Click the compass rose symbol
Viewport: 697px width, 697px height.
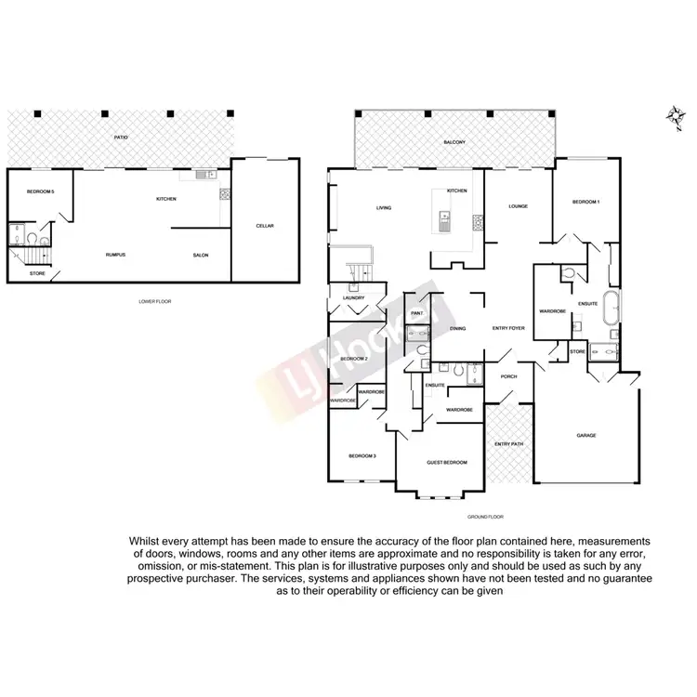(674, 114)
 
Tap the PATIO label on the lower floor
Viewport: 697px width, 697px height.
(121, 138)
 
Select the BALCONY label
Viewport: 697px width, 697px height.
(454, 141)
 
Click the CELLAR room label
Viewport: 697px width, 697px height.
(265, 226)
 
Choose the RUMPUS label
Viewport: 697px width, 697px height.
(115, 255)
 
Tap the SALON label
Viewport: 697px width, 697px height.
(200, 255)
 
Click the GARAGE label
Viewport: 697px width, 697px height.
(586, 435)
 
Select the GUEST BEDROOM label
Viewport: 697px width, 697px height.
(446, 462)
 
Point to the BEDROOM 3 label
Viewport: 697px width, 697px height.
(362, 455)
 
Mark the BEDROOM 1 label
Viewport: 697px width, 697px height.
(585, 202)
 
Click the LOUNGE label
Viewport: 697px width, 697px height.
(518, 205)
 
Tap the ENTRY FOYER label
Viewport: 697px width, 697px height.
(508, 328)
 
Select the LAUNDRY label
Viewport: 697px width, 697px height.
(353, 297)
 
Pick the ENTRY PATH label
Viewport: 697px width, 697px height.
(508, 444)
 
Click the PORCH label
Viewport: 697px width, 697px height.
(508, 376)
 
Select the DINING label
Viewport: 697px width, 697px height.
(457, 328)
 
